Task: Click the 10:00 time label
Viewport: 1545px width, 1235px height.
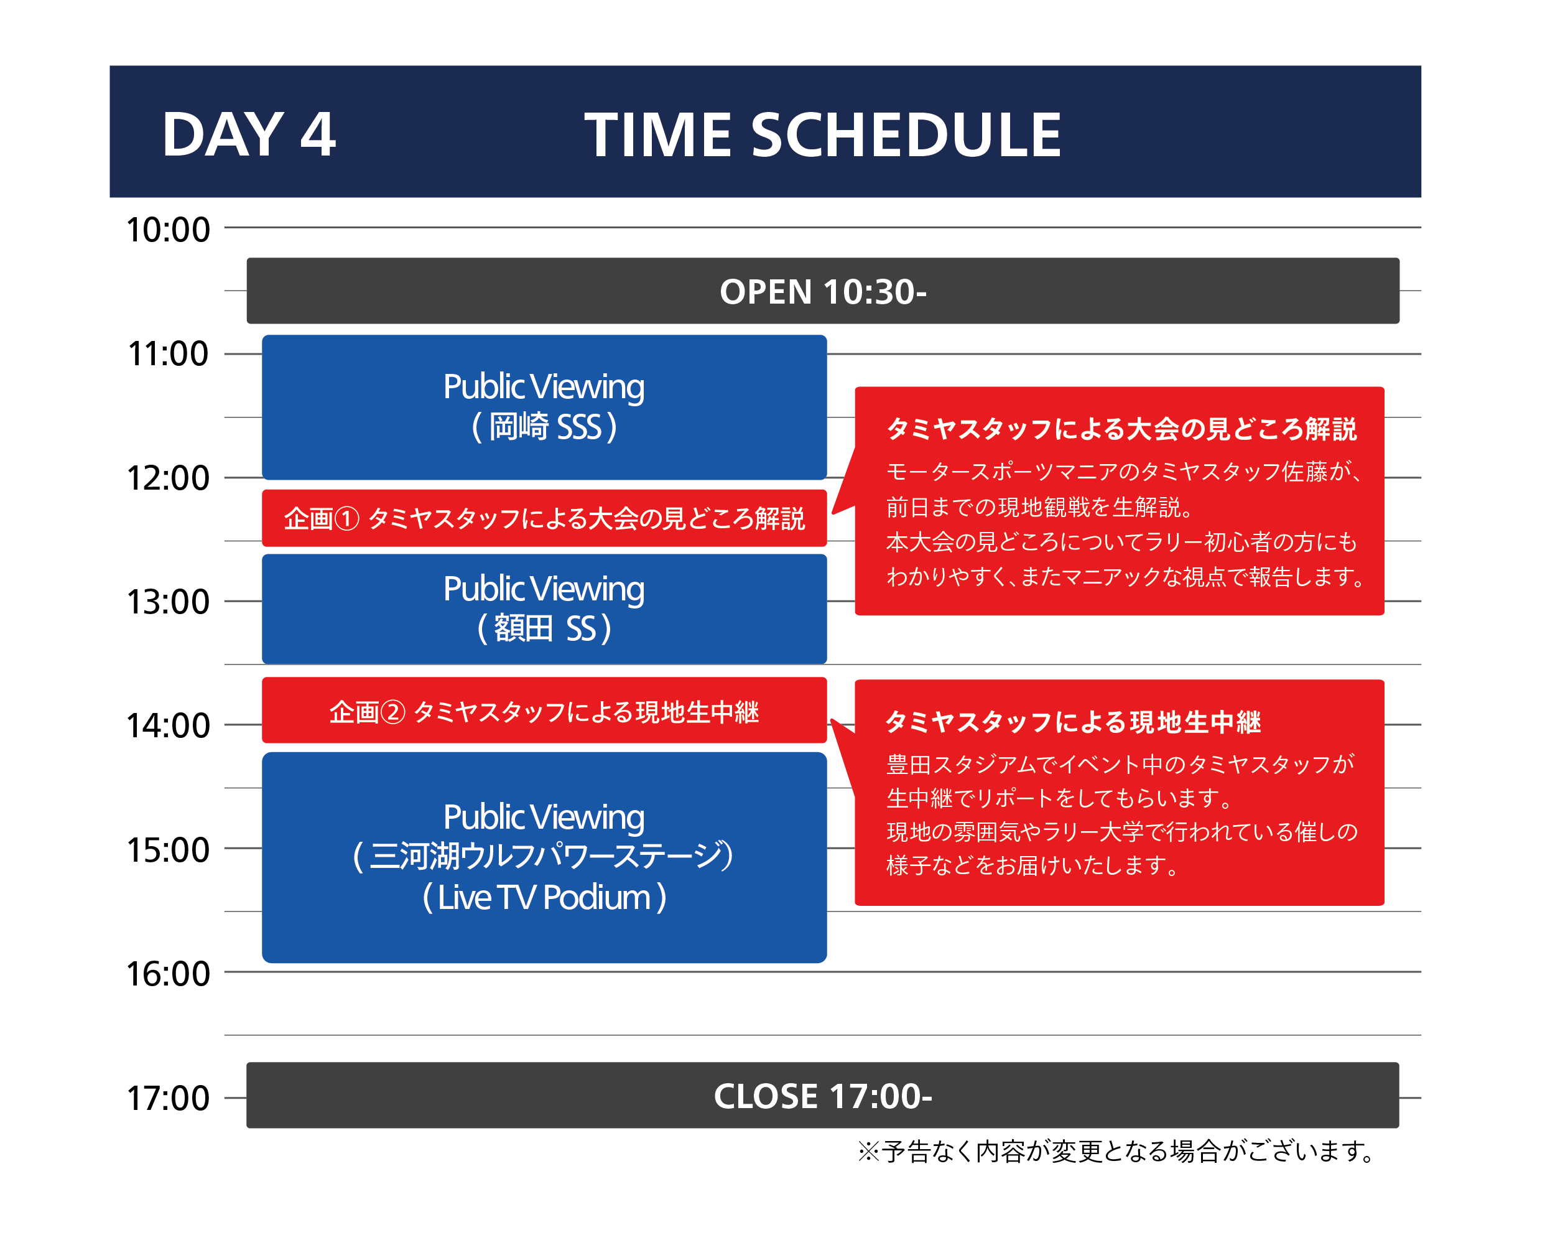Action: click(x=169, y=230)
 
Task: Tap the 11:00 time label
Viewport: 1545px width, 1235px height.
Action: click(x=169, y=354)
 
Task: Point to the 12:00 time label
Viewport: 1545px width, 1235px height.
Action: click(x=169, y=478)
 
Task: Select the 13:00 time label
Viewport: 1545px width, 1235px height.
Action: click(x=169, y=602)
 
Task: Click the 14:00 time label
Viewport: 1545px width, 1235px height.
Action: click(x=169, y=726)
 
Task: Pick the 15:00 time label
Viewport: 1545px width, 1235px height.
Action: click(x=169, y=850)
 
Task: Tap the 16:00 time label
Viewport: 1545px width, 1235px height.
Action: click(x=169, y=974)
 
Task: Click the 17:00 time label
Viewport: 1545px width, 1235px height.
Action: click(x=169, y=1098)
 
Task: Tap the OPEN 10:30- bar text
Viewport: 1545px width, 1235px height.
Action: click(x=823, y=292)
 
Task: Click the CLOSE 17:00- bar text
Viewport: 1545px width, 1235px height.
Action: click(x=823, y=1096)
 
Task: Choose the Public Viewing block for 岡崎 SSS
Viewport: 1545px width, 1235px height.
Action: click(x=544, y=407)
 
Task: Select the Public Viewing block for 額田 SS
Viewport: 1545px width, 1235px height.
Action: click(x=544, y=608)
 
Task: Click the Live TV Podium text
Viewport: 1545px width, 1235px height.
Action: click(x=544, y=897)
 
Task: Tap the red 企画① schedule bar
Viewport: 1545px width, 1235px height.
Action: click(x=544, y=518)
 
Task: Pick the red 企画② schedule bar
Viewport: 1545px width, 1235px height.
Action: click(x=544, y=711)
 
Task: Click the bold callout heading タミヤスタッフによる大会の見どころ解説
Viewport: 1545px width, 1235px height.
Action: click(x=1121, y=429)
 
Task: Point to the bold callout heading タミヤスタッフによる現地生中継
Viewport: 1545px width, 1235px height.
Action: click(x=1074, y=722)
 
